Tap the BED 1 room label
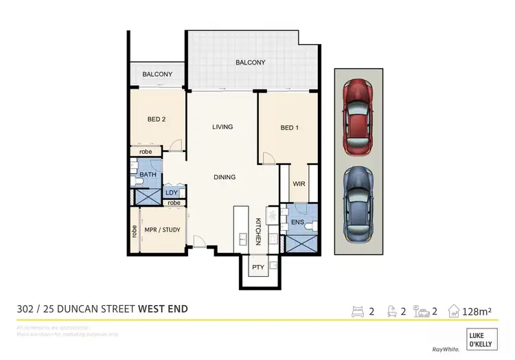click(x=290, y=128)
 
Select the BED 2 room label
click(x=157, y=119)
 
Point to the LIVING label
click(x=222, y=126)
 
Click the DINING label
click(x=224, y=177)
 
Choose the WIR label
click(x=299, y=184)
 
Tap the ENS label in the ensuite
click(x=298, y=222)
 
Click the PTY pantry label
click(x=258, y=267)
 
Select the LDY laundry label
click(x=172, y=193)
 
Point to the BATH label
click(x=148, y=175)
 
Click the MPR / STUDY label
click(x=162, y=229)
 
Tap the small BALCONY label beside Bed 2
click(x=157, y=74)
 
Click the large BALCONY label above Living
click(x=250, y=63)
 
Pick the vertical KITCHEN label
click(x=259, y=231)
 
